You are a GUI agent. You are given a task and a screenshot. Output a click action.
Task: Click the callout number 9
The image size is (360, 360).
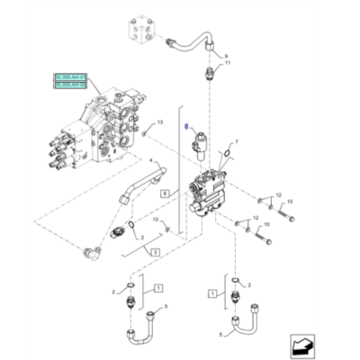[227, 57]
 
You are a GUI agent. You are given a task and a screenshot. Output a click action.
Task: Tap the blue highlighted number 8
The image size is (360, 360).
[186, 128]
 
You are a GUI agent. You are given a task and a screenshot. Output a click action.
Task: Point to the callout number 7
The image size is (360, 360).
[238, 141]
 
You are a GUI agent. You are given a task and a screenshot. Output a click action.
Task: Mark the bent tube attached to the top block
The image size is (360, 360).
[189, 40]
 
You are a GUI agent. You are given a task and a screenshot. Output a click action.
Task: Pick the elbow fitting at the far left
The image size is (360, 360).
[89, 254]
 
